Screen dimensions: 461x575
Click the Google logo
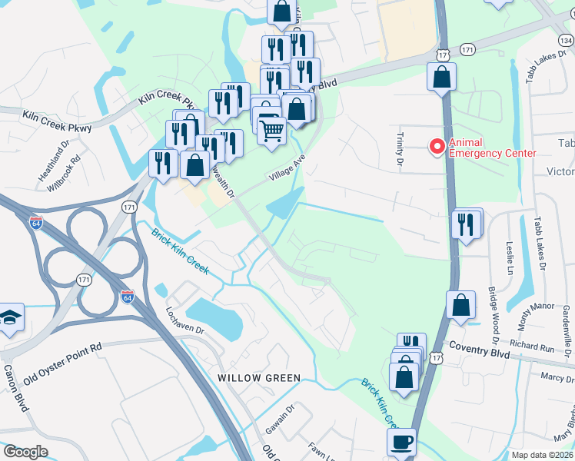point(25,452)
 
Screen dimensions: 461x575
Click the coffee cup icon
point(403,443)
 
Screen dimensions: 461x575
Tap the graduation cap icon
point(11,317)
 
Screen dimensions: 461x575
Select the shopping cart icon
point(271,130)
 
